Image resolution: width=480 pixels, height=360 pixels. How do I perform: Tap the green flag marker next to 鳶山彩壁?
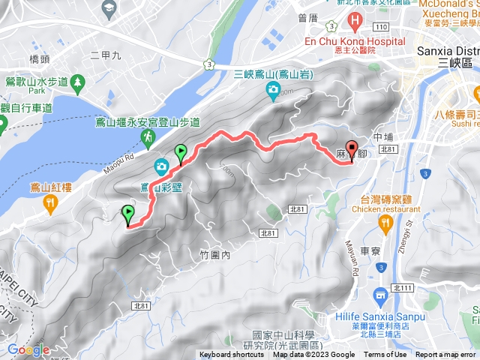pyautogui.click(x=181, y=154)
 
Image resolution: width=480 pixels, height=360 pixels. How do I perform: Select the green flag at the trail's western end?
pyautogui.click(x=128, y=214)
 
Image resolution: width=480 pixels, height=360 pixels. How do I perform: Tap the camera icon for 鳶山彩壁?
pyautogui.click(x=160, y=166)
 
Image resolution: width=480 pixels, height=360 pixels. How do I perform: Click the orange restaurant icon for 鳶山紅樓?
pyautogui.click(x=49, y=202)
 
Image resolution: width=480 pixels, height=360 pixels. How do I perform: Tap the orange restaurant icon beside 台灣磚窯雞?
pyautogui.click(x=386, y=223)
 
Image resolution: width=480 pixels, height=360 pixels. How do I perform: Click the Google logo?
pyautogui.click(x=28, y=349)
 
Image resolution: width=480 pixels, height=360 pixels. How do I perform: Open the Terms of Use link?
pyautogui.click(x=385, y=355)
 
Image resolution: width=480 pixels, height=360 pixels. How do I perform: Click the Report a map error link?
pyautogui.click(x=445, y=355)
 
